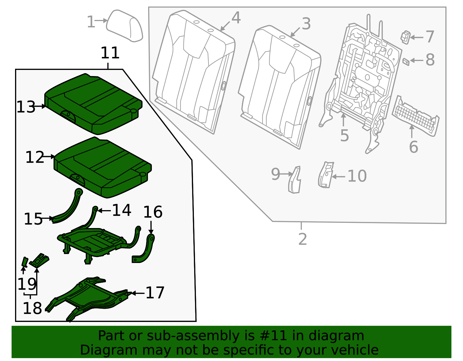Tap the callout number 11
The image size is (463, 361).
[110, 53]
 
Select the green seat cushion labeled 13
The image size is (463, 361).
[93, 104]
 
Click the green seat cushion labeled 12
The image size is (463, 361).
[103, 168]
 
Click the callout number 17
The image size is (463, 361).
[155, 293]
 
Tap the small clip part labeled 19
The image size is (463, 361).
[25, 262]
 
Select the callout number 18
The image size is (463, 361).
[32, 308]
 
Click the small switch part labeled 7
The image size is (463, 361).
[405, 37]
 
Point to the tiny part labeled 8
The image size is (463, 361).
[406, 61]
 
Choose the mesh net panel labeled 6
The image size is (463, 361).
[415, 117]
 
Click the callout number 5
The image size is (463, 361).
[344, 136]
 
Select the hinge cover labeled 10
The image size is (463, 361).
[326, 175]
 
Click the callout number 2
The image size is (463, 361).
[302, 239]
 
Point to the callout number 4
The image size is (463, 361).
[236, 18]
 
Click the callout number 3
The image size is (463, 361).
[306, 24]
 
